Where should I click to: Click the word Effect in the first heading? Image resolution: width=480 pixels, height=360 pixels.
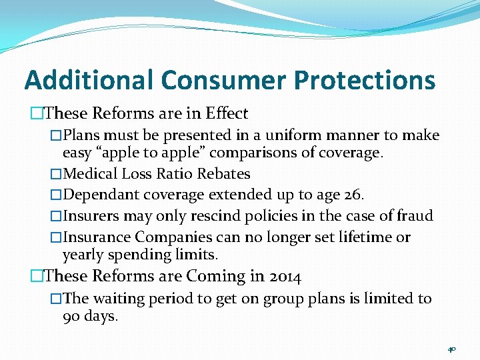coord(227,114)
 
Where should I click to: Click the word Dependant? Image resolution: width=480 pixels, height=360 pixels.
coord(99,195)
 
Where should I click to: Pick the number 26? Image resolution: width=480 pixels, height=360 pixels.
coord(351,195)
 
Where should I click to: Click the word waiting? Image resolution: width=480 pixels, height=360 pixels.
coord(117,299)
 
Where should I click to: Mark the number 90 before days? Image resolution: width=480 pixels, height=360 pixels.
coord(71,316)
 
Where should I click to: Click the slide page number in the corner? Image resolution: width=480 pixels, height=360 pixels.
coord(451,349)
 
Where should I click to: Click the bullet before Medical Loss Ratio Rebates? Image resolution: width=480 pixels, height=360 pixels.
coord(56,174)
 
